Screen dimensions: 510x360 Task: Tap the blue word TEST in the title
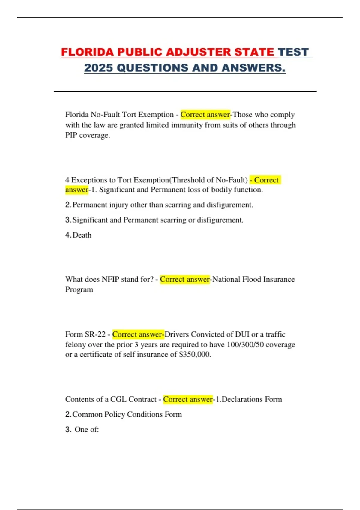click(x=293, y=52)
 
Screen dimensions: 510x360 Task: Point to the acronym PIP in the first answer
click(x=71, y=135)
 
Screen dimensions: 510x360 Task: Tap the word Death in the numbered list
click(x=82, y=235)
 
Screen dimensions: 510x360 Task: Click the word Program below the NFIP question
click(x=79, y=290)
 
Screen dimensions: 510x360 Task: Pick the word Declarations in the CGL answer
click(x=242, y=399)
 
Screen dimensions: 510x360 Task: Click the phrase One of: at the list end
click(x=87, y=430)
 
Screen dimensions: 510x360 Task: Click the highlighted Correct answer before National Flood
click(x=185, y=279)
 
